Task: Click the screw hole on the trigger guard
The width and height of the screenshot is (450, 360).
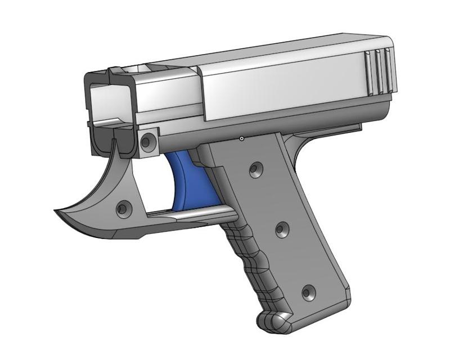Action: click(122, 209)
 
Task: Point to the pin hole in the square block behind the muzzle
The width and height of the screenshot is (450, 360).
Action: click(148, 141)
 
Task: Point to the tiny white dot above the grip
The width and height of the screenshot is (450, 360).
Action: click(241, 137)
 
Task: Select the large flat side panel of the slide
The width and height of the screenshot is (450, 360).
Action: click(281, 84)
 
